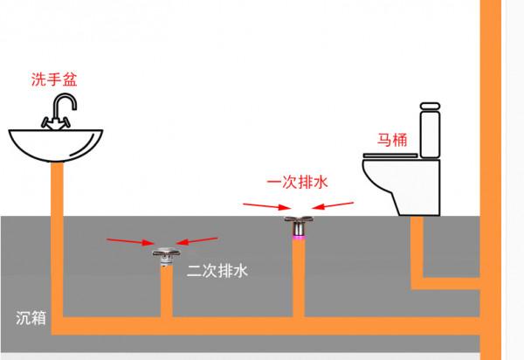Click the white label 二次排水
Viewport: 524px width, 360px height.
point(217,271)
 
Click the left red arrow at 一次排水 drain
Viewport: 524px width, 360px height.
point(266,207)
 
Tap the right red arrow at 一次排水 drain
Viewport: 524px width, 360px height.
point(333,208)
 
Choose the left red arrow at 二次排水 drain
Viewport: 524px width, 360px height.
point(128,239)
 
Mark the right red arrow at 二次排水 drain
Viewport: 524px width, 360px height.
point(199,239)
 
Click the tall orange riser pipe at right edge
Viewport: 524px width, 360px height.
point(488,131)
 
